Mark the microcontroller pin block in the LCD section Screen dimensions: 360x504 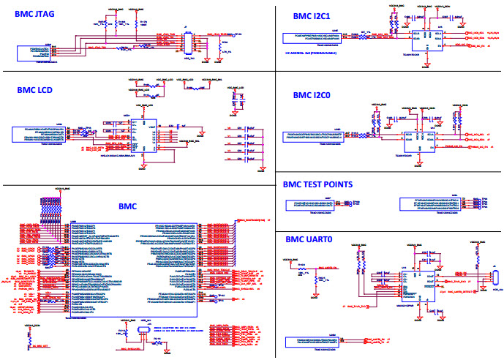[41, 134]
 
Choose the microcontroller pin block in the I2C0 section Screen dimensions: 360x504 [315, 137]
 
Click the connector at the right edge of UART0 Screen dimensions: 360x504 [494, 279]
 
